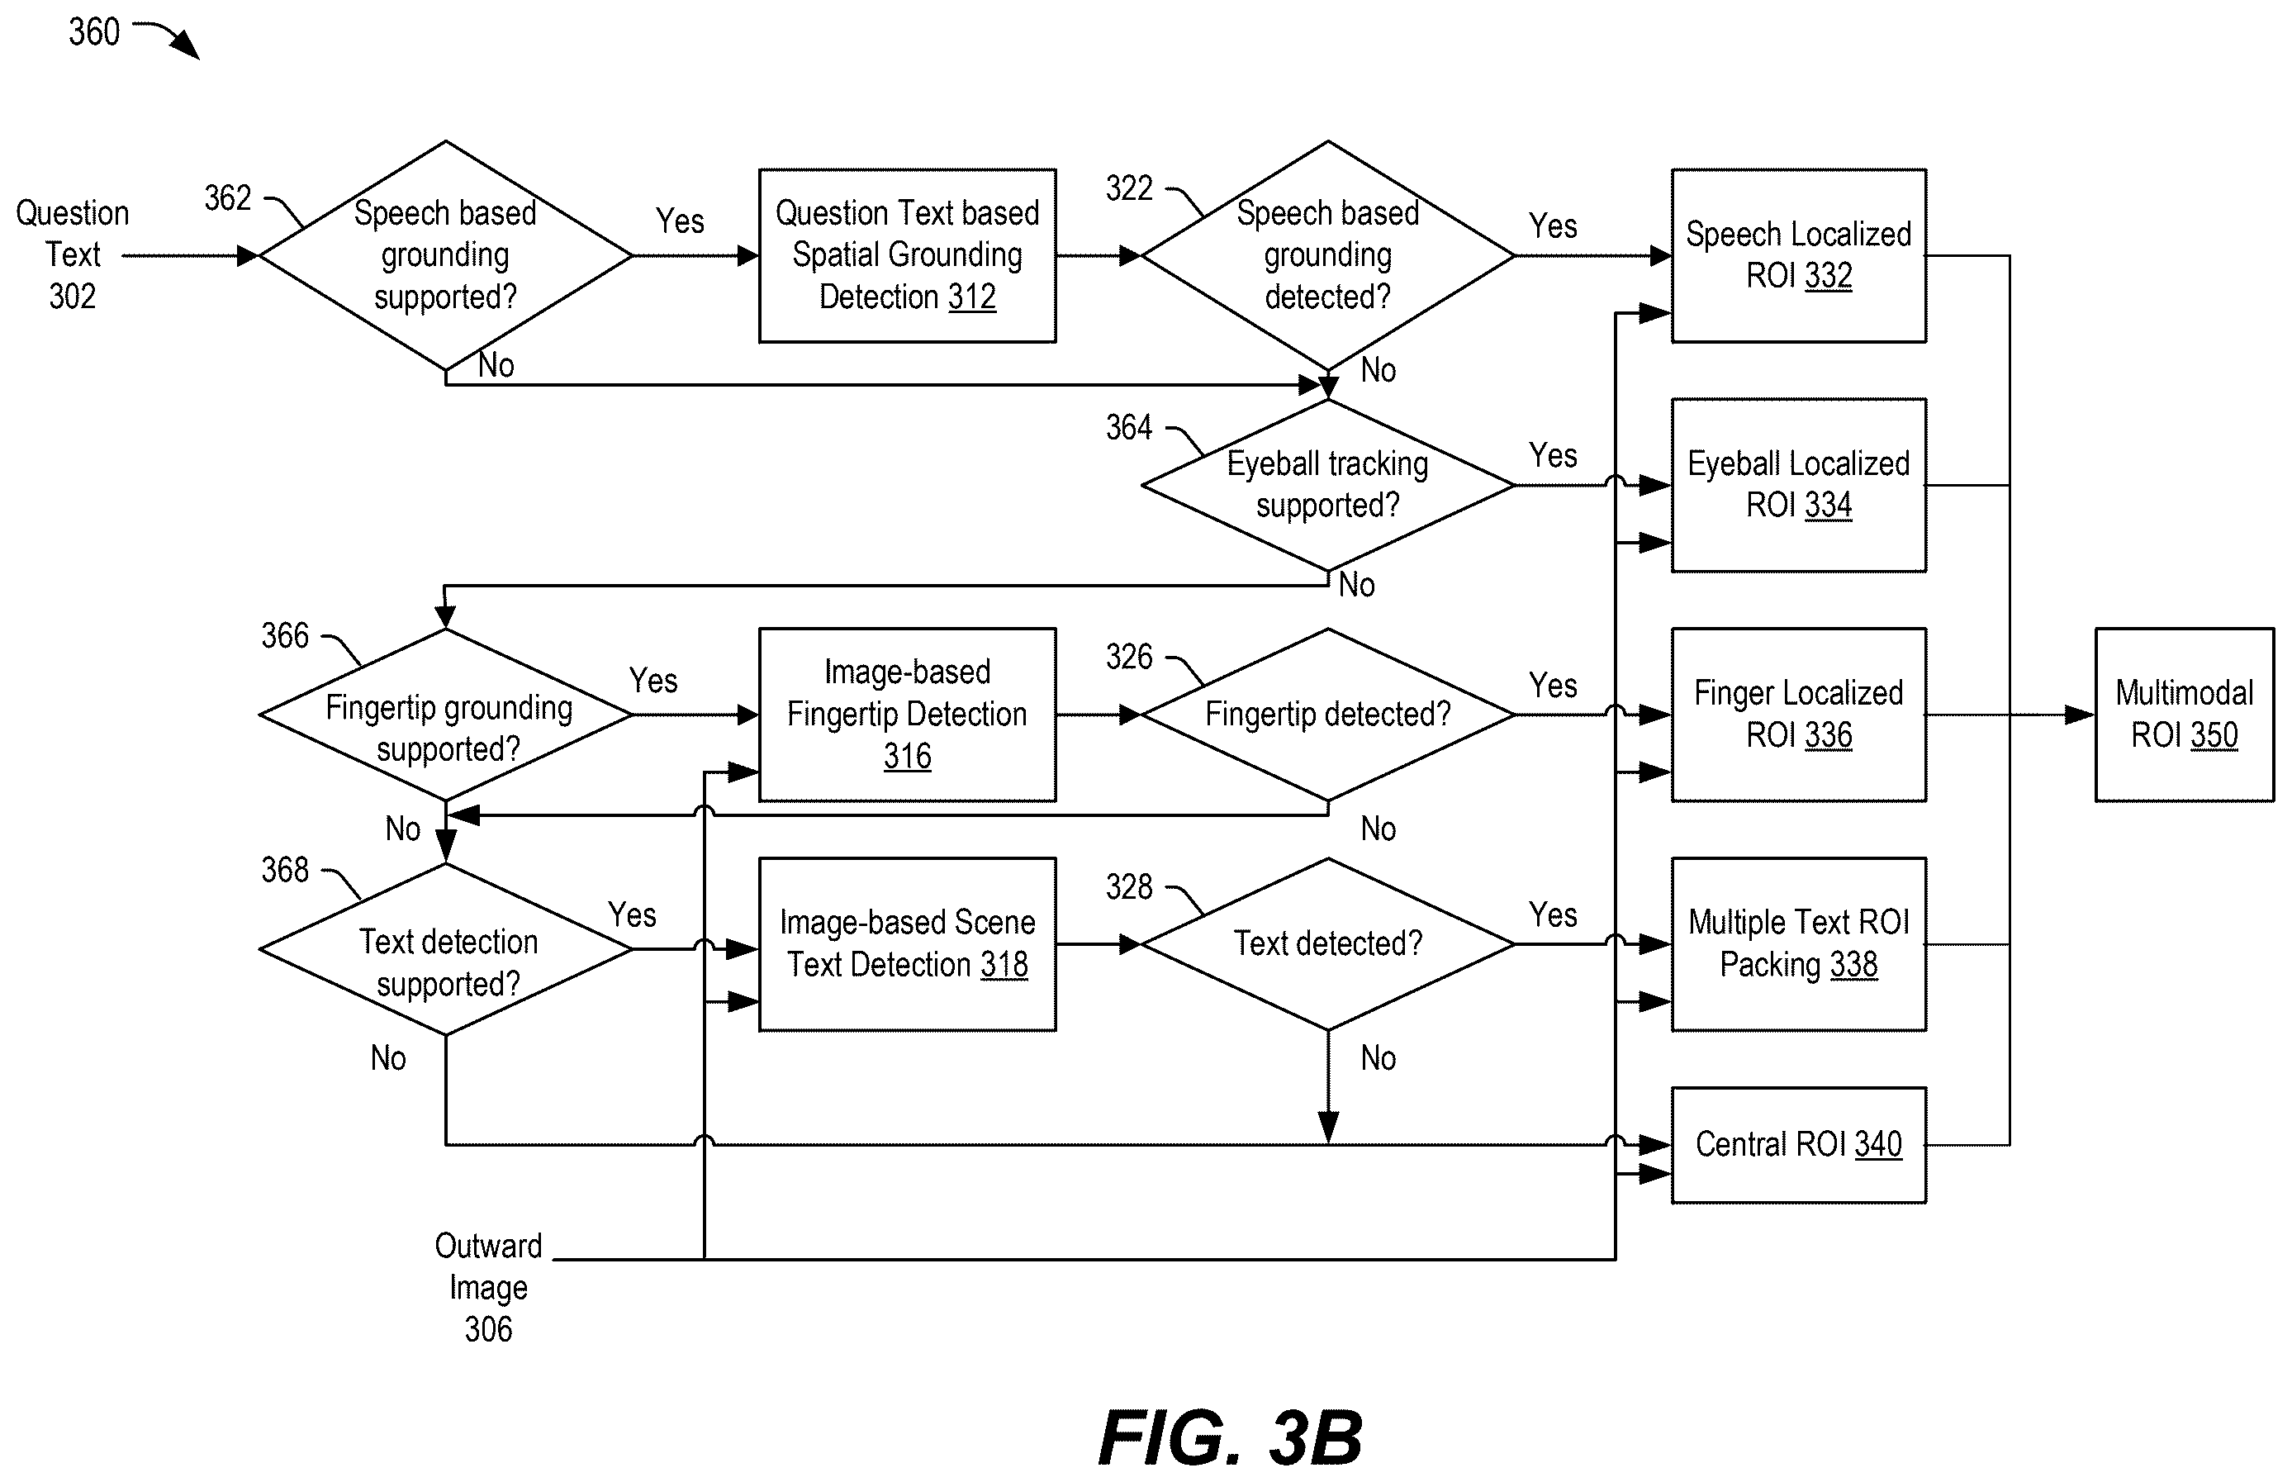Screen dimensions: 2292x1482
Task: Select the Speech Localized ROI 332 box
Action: (x=1798, y=255)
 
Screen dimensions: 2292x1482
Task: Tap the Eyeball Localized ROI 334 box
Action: (x=1798, y=485)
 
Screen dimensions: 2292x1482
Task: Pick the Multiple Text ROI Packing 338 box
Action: (x=1798, y=944)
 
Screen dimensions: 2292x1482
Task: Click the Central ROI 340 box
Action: (x=1798, y=1145)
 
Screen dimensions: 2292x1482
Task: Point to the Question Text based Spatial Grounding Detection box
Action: (x=908, y=255)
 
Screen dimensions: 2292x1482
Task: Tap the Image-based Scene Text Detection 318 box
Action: (x=908, y=944)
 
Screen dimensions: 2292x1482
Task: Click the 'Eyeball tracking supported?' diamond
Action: (x=1328, y=485)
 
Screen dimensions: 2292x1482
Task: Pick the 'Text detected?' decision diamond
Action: (x=1328, y=944)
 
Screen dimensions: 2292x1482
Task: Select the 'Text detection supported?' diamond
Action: (x=445, y=949)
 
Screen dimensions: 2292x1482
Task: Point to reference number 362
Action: (x=227, y=198)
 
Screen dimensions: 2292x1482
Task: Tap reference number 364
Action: (x=1129, y=427)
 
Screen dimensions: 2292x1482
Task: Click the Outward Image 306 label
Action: (x=488, y=1288)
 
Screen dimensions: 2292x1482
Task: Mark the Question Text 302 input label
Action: (x=72, y=254)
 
